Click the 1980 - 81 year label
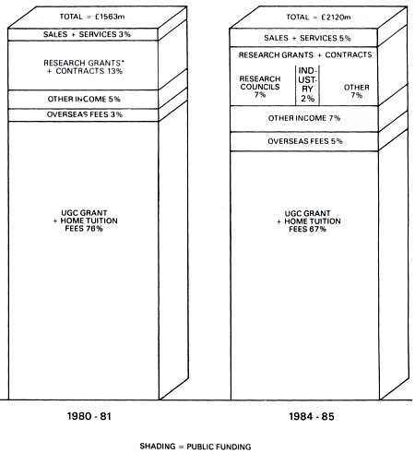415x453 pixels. (x=89, y=416)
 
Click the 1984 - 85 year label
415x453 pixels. (x=312, y=416)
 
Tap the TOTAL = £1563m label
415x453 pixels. (x=92, y=17)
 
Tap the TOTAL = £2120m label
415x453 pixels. (x=318, y=17)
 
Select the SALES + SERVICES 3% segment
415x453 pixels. (x=83, y=34)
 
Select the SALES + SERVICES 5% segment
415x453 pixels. (x=303, y=38)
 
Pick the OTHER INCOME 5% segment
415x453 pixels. (x=83, y=100)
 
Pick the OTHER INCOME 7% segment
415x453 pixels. (x=304, y=119)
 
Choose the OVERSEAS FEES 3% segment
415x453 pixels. (x=83, y=115)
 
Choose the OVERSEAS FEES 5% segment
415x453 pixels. (x=304, y=142)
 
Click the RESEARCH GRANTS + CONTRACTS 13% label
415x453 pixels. (x=84, y=66)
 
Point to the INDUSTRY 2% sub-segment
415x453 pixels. (x=307, y=85)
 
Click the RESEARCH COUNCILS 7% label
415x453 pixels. (x=260, y=87)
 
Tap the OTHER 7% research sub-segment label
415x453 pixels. (x=357, y=91)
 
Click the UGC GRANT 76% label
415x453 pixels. (x=85, y=221)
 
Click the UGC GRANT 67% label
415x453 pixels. (x=309, y=221)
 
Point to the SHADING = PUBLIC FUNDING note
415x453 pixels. (x=196, y=447)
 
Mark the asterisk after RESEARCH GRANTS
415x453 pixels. (x=123, y=62)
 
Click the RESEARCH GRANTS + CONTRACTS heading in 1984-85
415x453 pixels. (x=305, y=55)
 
